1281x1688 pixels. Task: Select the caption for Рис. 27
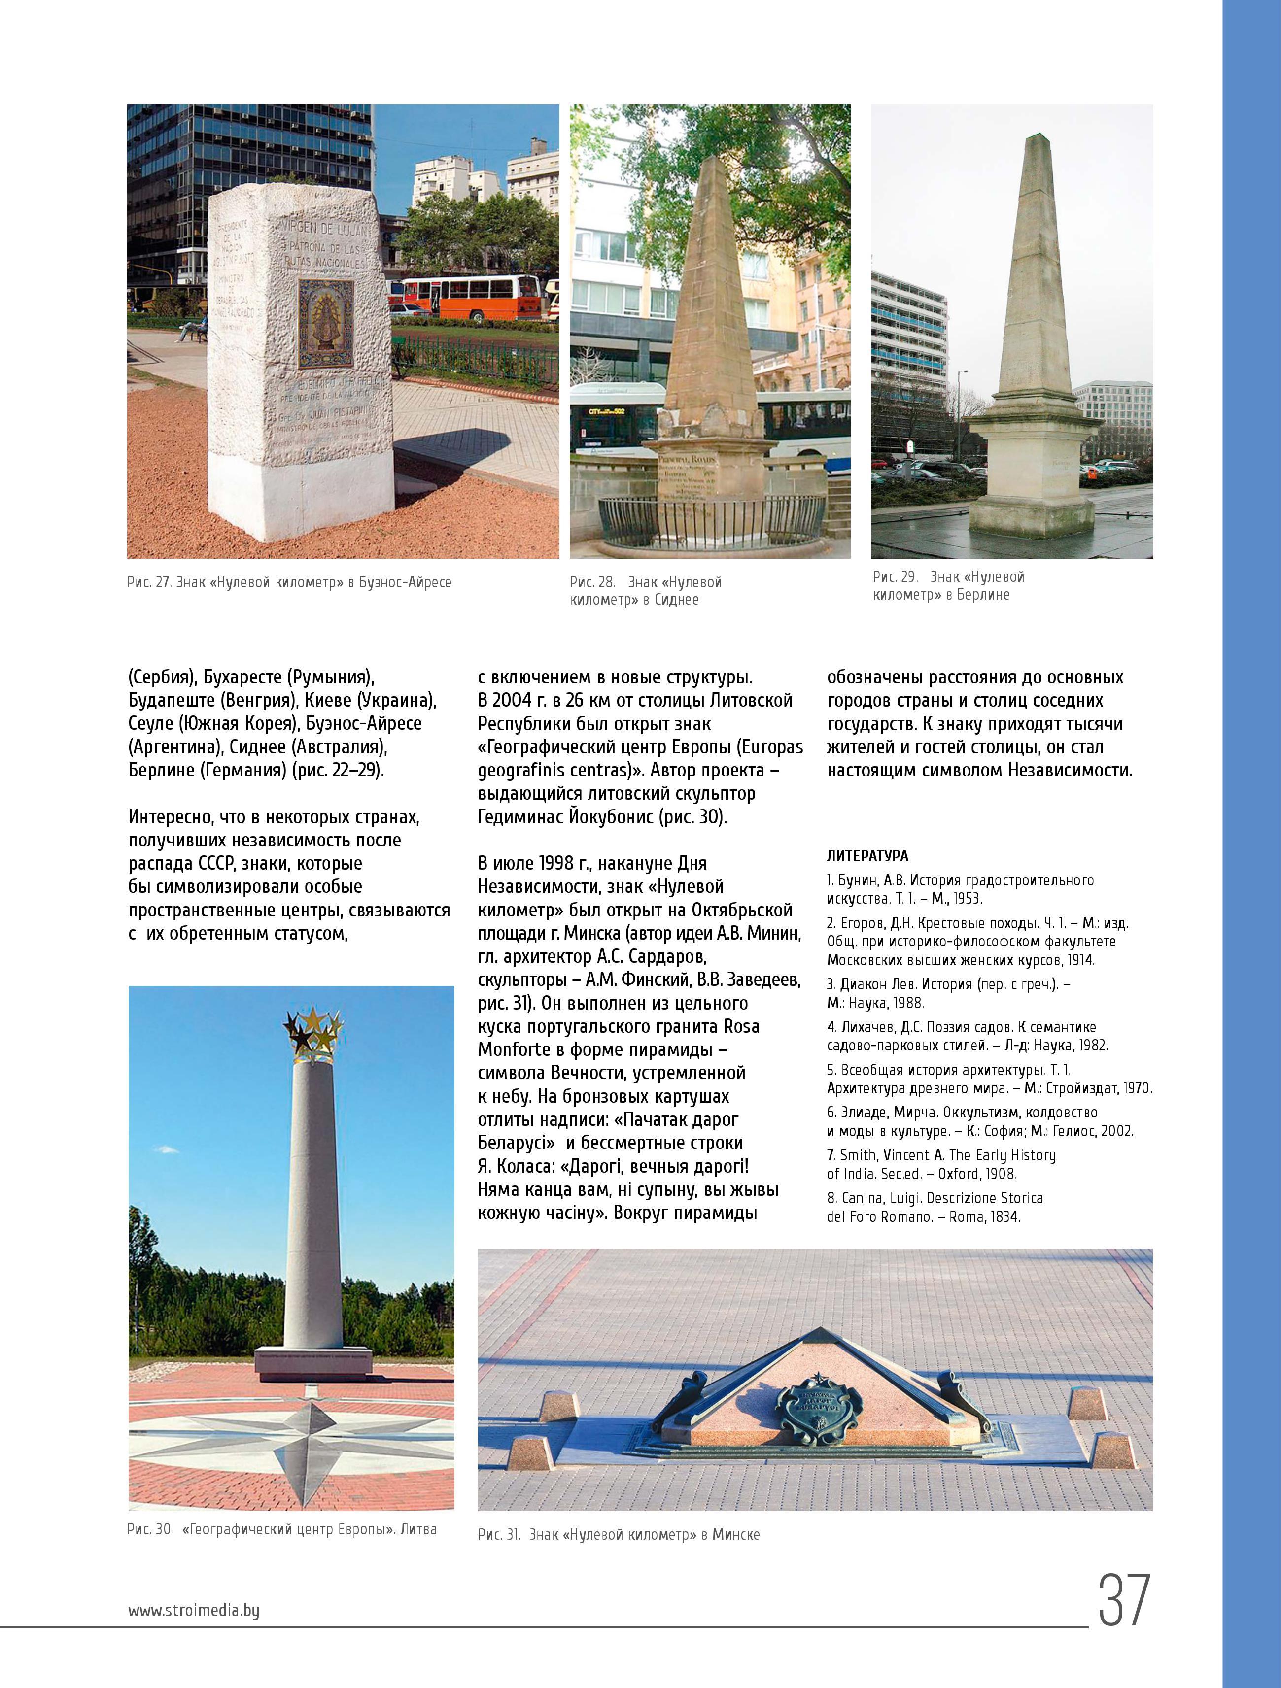click(289, 582)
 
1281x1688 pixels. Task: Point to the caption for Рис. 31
click(619, 1534)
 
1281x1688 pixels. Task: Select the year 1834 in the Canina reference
click(1004, 1216)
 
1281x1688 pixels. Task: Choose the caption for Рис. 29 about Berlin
click(948, 585)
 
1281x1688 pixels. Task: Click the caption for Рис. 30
click(282, 1529)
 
